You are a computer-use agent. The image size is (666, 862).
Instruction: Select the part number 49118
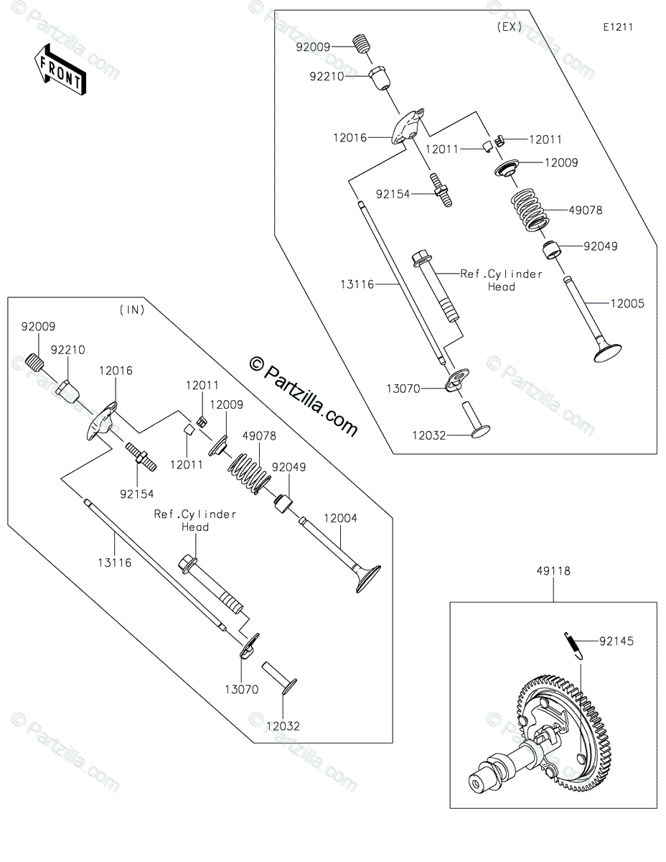[x=553, y=572]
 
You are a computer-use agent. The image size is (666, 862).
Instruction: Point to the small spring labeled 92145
[x=573, y=644]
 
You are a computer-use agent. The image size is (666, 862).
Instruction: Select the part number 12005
[x=627, y=304]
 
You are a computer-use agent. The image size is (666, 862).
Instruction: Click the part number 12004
[x=340, y=518]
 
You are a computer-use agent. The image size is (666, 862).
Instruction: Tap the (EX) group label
[x=509, y=27]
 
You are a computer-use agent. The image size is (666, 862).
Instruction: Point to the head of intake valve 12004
[x=368, y=578]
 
